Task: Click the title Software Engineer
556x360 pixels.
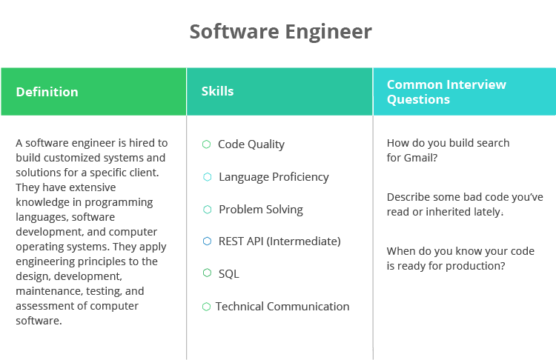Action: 280,32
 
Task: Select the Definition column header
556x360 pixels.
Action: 47,92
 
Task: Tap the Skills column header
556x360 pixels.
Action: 217,91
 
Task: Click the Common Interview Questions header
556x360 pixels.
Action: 446,92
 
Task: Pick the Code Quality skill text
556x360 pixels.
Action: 251,144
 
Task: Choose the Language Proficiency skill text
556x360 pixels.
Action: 274,177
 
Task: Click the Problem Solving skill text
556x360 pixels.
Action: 260,210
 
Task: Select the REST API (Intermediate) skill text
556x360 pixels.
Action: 279,241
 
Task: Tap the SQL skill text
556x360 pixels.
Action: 228,274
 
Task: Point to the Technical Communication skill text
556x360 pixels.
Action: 282,307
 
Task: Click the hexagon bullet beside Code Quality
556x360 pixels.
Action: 207,144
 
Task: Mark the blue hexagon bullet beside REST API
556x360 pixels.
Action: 207,241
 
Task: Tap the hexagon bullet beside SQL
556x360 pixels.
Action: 207,273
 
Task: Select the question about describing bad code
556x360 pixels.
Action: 465,204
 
